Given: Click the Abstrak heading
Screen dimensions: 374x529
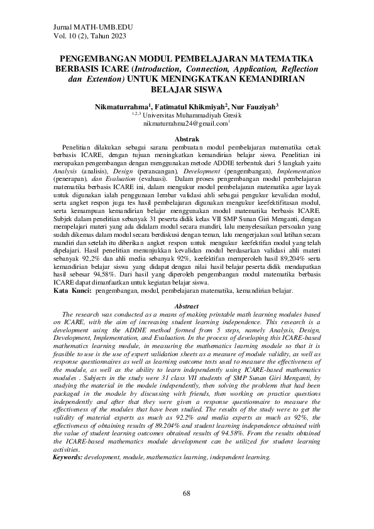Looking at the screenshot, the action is point(187,138).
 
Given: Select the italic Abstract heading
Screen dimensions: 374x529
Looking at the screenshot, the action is point(186,306).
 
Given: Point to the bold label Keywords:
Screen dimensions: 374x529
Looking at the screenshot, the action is point(67,475).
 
